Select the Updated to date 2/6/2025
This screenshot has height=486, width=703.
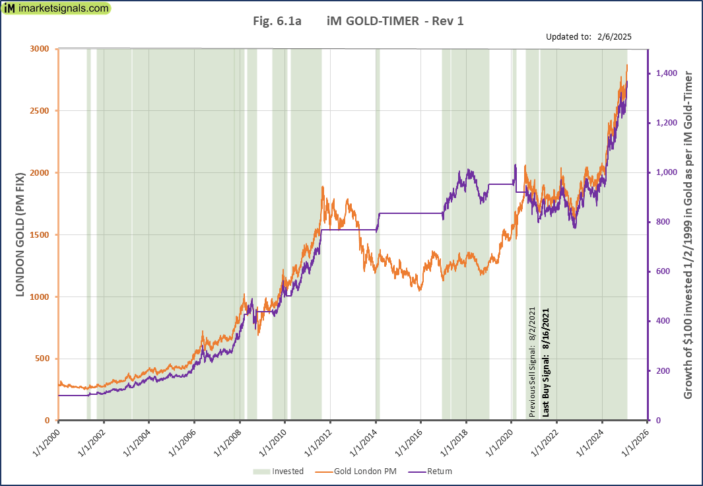(613, 37)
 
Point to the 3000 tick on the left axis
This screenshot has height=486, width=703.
(40, 49)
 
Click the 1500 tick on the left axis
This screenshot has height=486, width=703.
(40, 235)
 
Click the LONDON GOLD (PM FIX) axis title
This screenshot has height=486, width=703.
(20, 235)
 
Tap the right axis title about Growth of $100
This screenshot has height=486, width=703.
(688, 235)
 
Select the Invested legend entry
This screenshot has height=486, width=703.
(279, 471)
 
